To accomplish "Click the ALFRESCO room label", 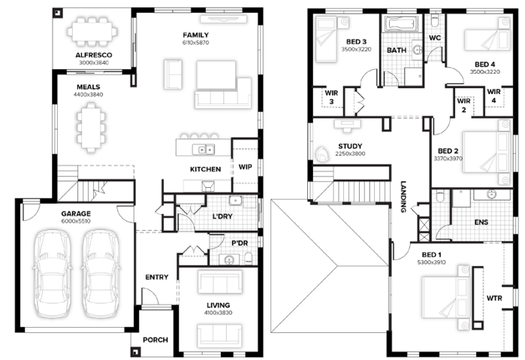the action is coord(94,55).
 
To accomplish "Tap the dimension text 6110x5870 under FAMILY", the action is coord(195,43).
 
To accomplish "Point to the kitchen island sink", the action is coord(204,149).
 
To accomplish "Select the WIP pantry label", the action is coord(245,167).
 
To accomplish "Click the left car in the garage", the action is coord(53,273).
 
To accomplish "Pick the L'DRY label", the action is coord(222,216).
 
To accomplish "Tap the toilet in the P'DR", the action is coord(249,259).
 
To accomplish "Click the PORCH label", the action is coord(155,340).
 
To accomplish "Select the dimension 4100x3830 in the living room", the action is coord(219,313).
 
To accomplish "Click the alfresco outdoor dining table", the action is coord(92,32).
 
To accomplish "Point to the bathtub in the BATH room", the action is coord(402,24).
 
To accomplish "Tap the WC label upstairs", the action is coord(435,38).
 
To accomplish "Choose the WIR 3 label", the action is coord(331,97).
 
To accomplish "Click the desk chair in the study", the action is coord(321,154).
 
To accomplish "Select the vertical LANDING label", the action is coord(403,197).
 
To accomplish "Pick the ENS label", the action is coord(481,222).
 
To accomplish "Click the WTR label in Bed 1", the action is coord(494,298).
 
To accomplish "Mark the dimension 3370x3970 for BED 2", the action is coord(448,159).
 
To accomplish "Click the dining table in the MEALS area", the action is coord(91,128).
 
